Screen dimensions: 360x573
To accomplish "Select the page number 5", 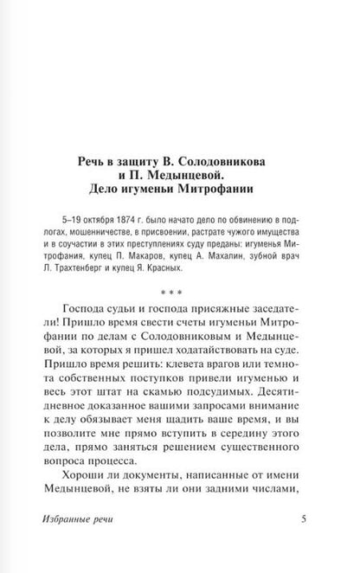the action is tap(302, 544).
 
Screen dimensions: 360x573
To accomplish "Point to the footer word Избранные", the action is tap(84, 544).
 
